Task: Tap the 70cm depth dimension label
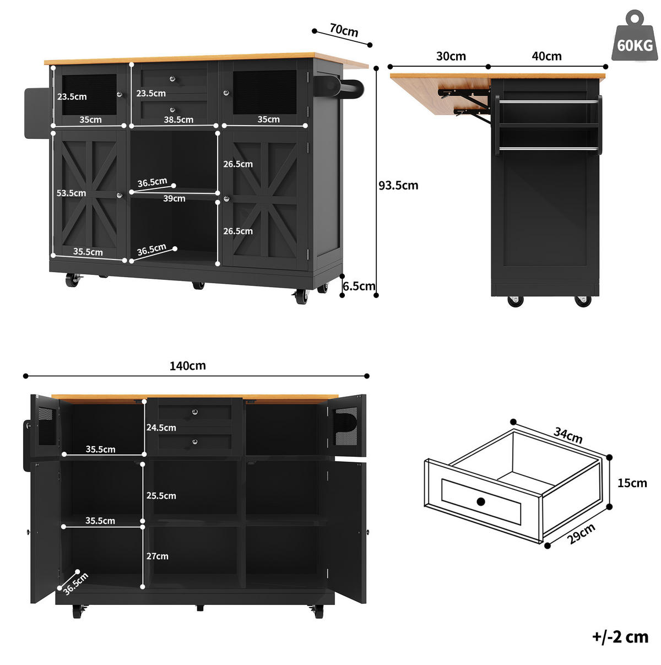[x=344, y=30]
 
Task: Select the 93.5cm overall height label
[x=398, y=186]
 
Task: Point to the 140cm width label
[x=187, y=366]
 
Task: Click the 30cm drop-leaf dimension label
[x=451, y=56]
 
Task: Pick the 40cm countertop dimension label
[x=546, y=56]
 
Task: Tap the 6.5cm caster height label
[x=359, y=286]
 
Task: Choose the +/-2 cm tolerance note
[x=620, y=637]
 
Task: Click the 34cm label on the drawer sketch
[x=568, y=435]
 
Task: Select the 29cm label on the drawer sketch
[x=581, y=533]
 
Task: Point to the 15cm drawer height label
[x=632, y=483]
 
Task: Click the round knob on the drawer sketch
[x=481, y=501]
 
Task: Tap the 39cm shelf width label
[x=174, y=198]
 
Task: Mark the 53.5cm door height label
[x=71, y=193]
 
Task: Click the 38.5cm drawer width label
[x=178, y=120]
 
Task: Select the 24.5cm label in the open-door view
[x=161, y=428]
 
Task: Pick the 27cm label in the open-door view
[x=158, y=556]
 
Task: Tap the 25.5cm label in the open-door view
[x=161, y=495]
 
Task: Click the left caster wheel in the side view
[x=516, y=301]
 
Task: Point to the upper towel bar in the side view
[x=549, y=102]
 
